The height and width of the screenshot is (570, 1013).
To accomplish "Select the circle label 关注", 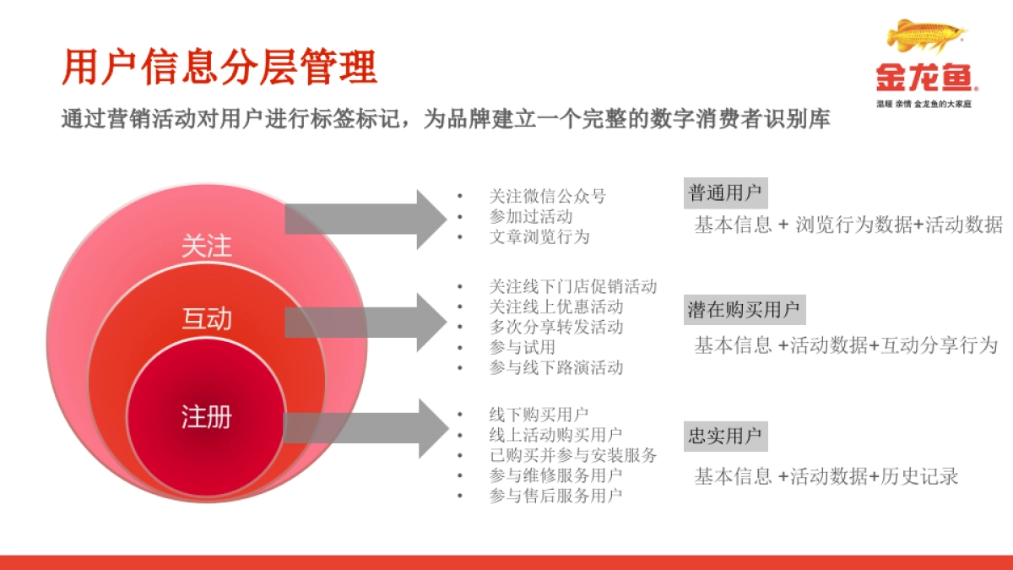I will coord(207,247).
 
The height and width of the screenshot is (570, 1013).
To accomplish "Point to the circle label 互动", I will coord(207,318).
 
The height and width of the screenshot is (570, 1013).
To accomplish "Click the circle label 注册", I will coord(207,416).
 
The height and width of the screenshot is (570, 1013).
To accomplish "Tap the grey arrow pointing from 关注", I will coord(367,219).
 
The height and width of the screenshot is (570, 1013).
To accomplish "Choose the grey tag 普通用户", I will coord(725,193).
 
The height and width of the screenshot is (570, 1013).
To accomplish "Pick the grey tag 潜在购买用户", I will coord(744,310).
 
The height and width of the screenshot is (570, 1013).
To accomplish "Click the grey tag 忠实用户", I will coord(725,437).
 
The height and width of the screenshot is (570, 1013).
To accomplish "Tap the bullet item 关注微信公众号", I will coord(548,197).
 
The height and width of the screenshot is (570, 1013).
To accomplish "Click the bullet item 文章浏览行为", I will coord(539,237).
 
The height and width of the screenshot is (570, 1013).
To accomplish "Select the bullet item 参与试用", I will coord(523,347).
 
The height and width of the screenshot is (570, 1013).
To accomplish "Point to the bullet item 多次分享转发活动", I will coord(556,327).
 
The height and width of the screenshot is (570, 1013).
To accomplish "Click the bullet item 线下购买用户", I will coord(539,415).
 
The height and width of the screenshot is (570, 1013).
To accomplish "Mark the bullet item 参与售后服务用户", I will coord(556,496).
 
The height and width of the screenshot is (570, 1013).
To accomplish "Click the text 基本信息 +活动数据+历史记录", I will coord(826,476).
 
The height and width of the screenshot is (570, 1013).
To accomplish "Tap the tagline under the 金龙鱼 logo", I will coord(924,104).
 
